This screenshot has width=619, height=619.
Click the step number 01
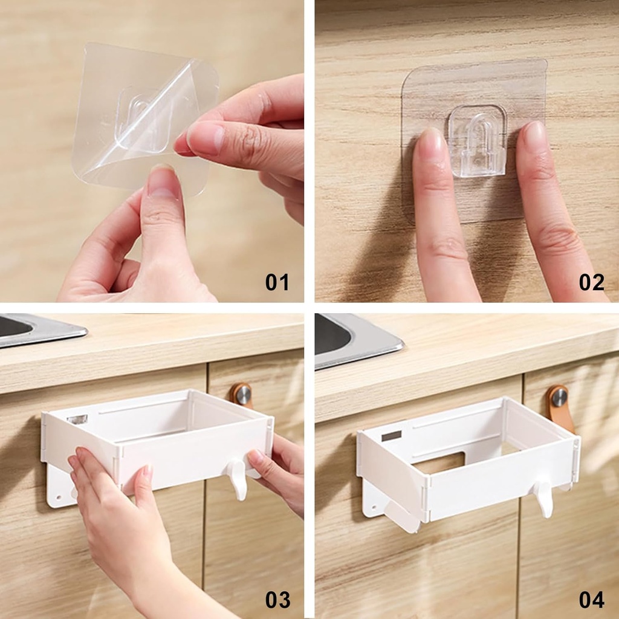coord(277,282)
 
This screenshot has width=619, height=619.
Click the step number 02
coord(591,282)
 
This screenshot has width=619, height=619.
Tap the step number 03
coord(277,600)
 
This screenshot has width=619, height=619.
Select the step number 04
coord(591,600)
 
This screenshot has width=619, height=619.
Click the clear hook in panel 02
coord(478,140)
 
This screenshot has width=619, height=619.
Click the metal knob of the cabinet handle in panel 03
coord(243,395)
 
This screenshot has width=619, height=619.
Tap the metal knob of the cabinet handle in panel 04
coord(559,398)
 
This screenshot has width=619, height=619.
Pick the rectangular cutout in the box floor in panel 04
coord(439,462)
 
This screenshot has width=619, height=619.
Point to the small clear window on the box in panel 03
coord(77,418)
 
